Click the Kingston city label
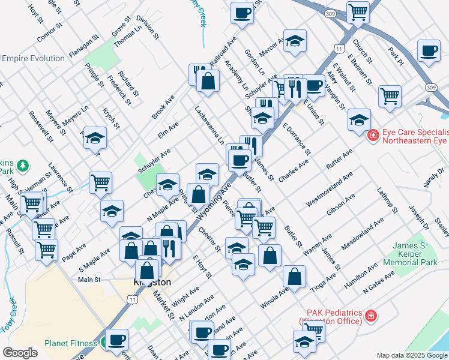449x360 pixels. pos(152,282)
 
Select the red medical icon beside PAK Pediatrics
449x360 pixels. pos(371,315)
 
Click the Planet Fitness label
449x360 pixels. pos(71,344)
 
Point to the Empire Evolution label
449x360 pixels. pos(33,58)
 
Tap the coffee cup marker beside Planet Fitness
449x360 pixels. pos(116,340)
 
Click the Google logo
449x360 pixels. pos(20,353)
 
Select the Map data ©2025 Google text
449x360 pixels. pos(412,355)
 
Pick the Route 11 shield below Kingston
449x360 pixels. pos(131,299)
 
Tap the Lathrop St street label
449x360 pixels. pos(387,200)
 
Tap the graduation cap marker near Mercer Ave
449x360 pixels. pos(295,41)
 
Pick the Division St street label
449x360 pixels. pos(148,27)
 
